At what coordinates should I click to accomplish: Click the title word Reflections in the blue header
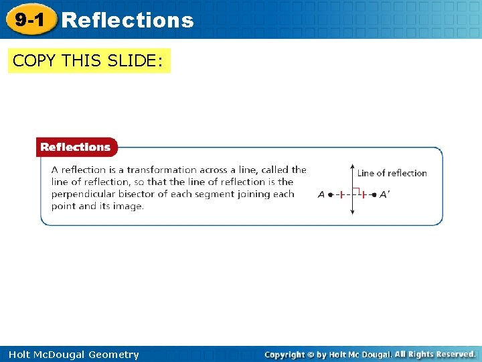pos(127,20)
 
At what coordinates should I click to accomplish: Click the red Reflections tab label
pos(76,147)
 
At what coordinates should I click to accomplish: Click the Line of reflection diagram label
pos(392,173)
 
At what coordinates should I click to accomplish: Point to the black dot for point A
pos(331,194)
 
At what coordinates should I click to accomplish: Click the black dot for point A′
pos(375,194)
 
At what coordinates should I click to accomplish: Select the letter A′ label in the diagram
pos(384,194)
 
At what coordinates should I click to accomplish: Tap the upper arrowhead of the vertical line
pos(353,166)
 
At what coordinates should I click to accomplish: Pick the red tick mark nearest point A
pos(341,194)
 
